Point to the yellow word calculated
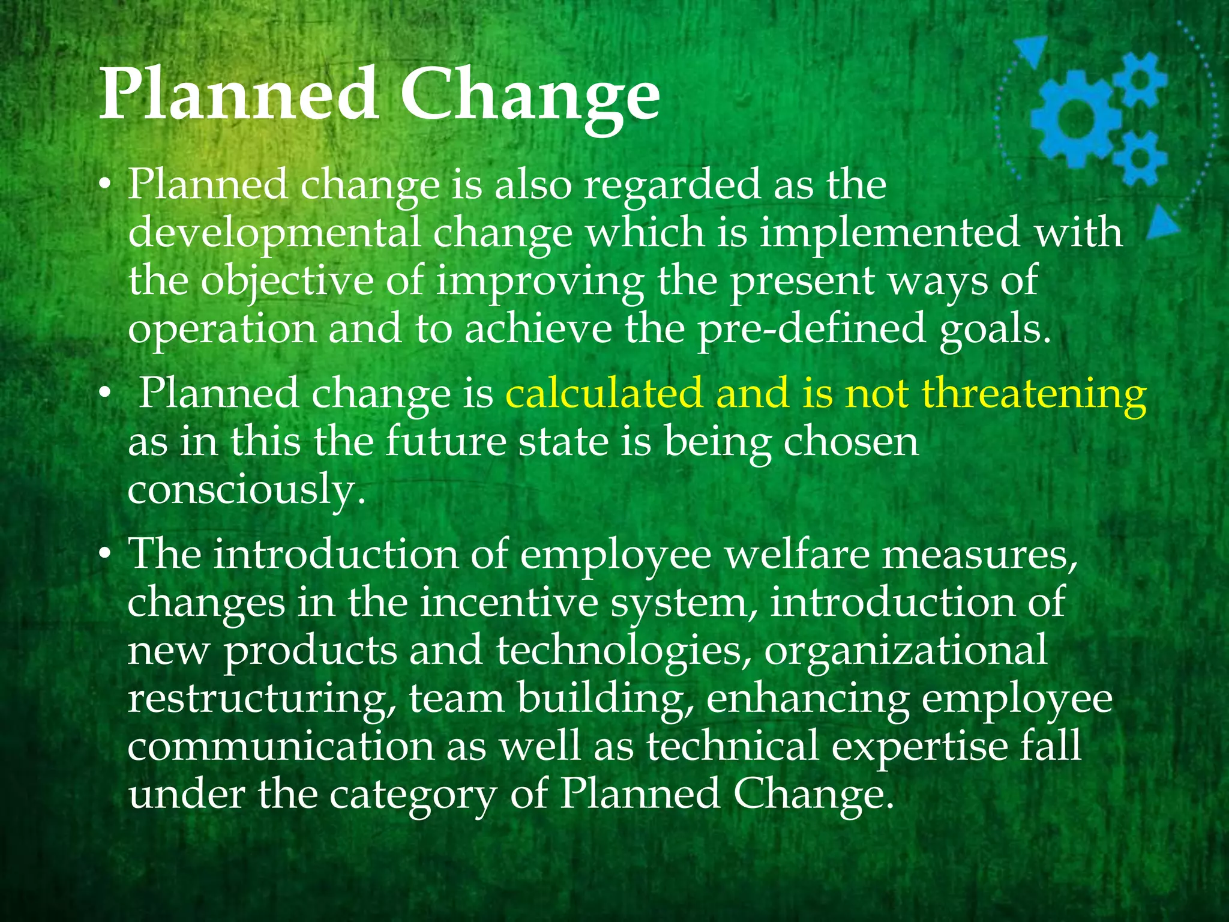pyautogui.click(x=604, y=394)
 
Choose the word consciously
pyautogui.click(x=246, y=489)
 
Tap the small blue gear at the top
pyautogui.click(x=1141, y=79)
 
